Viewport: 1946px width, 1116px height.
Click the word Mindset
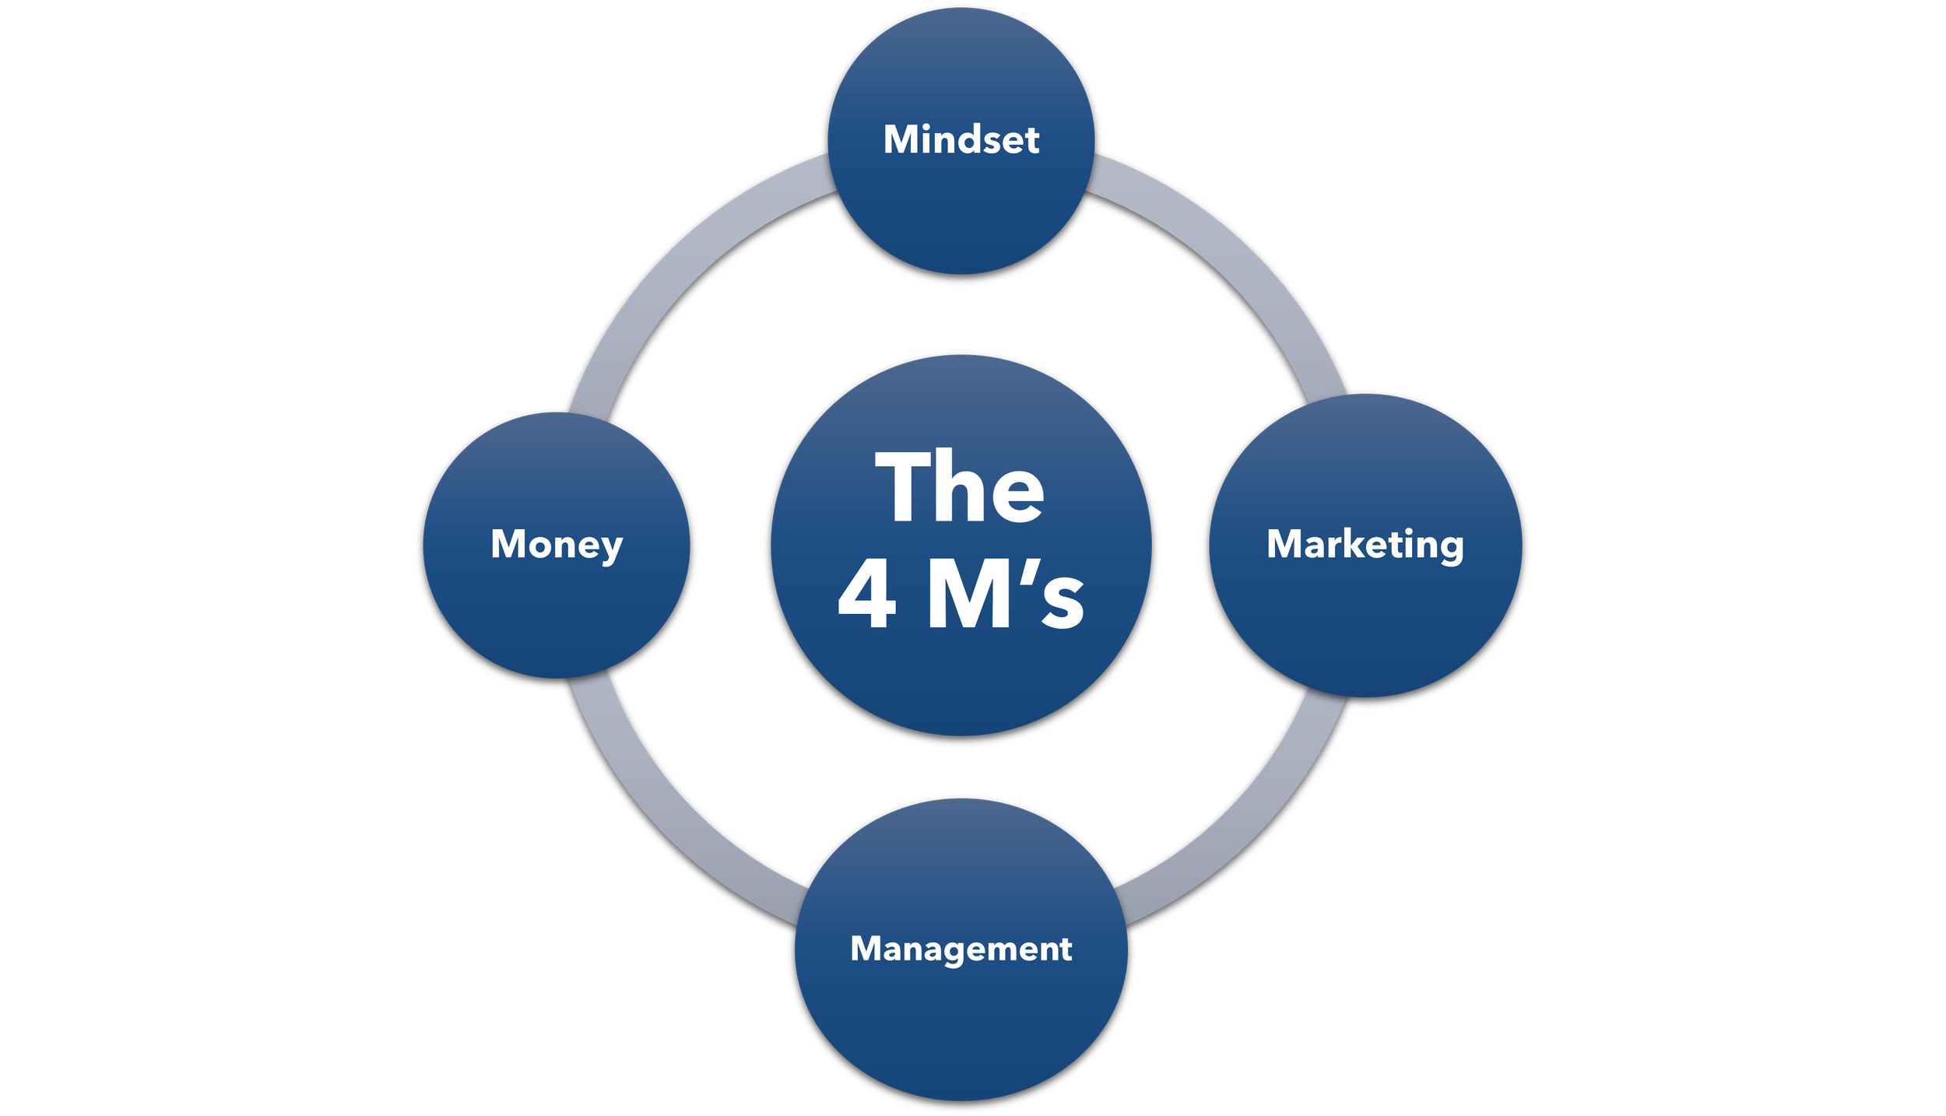pyautogui.click(x=961, y=140)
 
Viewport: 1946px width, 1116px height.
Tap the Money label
pyautogui.click(x=557, y=544)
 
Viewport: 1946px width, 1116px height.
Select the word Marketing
pyautogui.click(x=1365, y=544)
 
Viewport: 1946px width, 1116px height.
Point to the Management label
pyautogui.click(x=961, y=949)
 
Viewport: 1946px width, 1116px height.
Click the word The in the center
pyautogui.click(x=960, y=487)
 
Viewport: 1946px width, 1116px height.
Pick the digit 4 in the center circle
pyautogui.click(x=866, y=596)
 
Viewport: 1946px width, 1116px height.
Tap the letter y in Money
pyautogui.click(x=612, y=549)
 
